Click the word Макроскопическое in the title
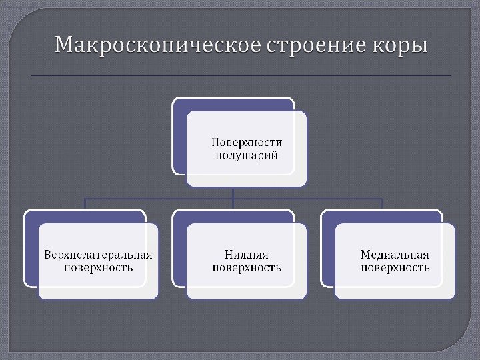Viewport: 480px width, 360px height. click(158, 47)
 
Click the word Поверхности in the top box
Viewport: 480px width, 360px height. click(247, 142)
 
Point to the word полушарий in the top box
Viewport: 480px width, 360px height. click(247, 155)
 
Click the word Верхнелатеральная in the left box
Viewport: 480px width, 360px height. click(98, 255)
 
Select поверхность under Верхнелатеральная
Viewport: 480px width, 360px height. click(98, 268)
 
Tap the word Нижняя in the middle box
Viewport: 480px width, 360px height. click(246, 255)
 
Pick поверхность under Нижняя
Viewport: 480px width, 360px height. click(246, 268)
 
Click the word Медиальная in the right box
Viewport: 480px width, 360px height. click(395, 255)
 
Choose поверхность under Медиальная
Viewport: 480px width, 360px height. click(395, 268)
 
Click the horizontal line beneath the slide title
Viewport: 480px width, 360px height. click(240, 76)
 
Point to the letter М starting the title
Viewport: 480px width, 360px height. click(63, 47)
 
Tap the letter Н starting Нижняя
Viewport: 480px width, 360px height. click(229, 255)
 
